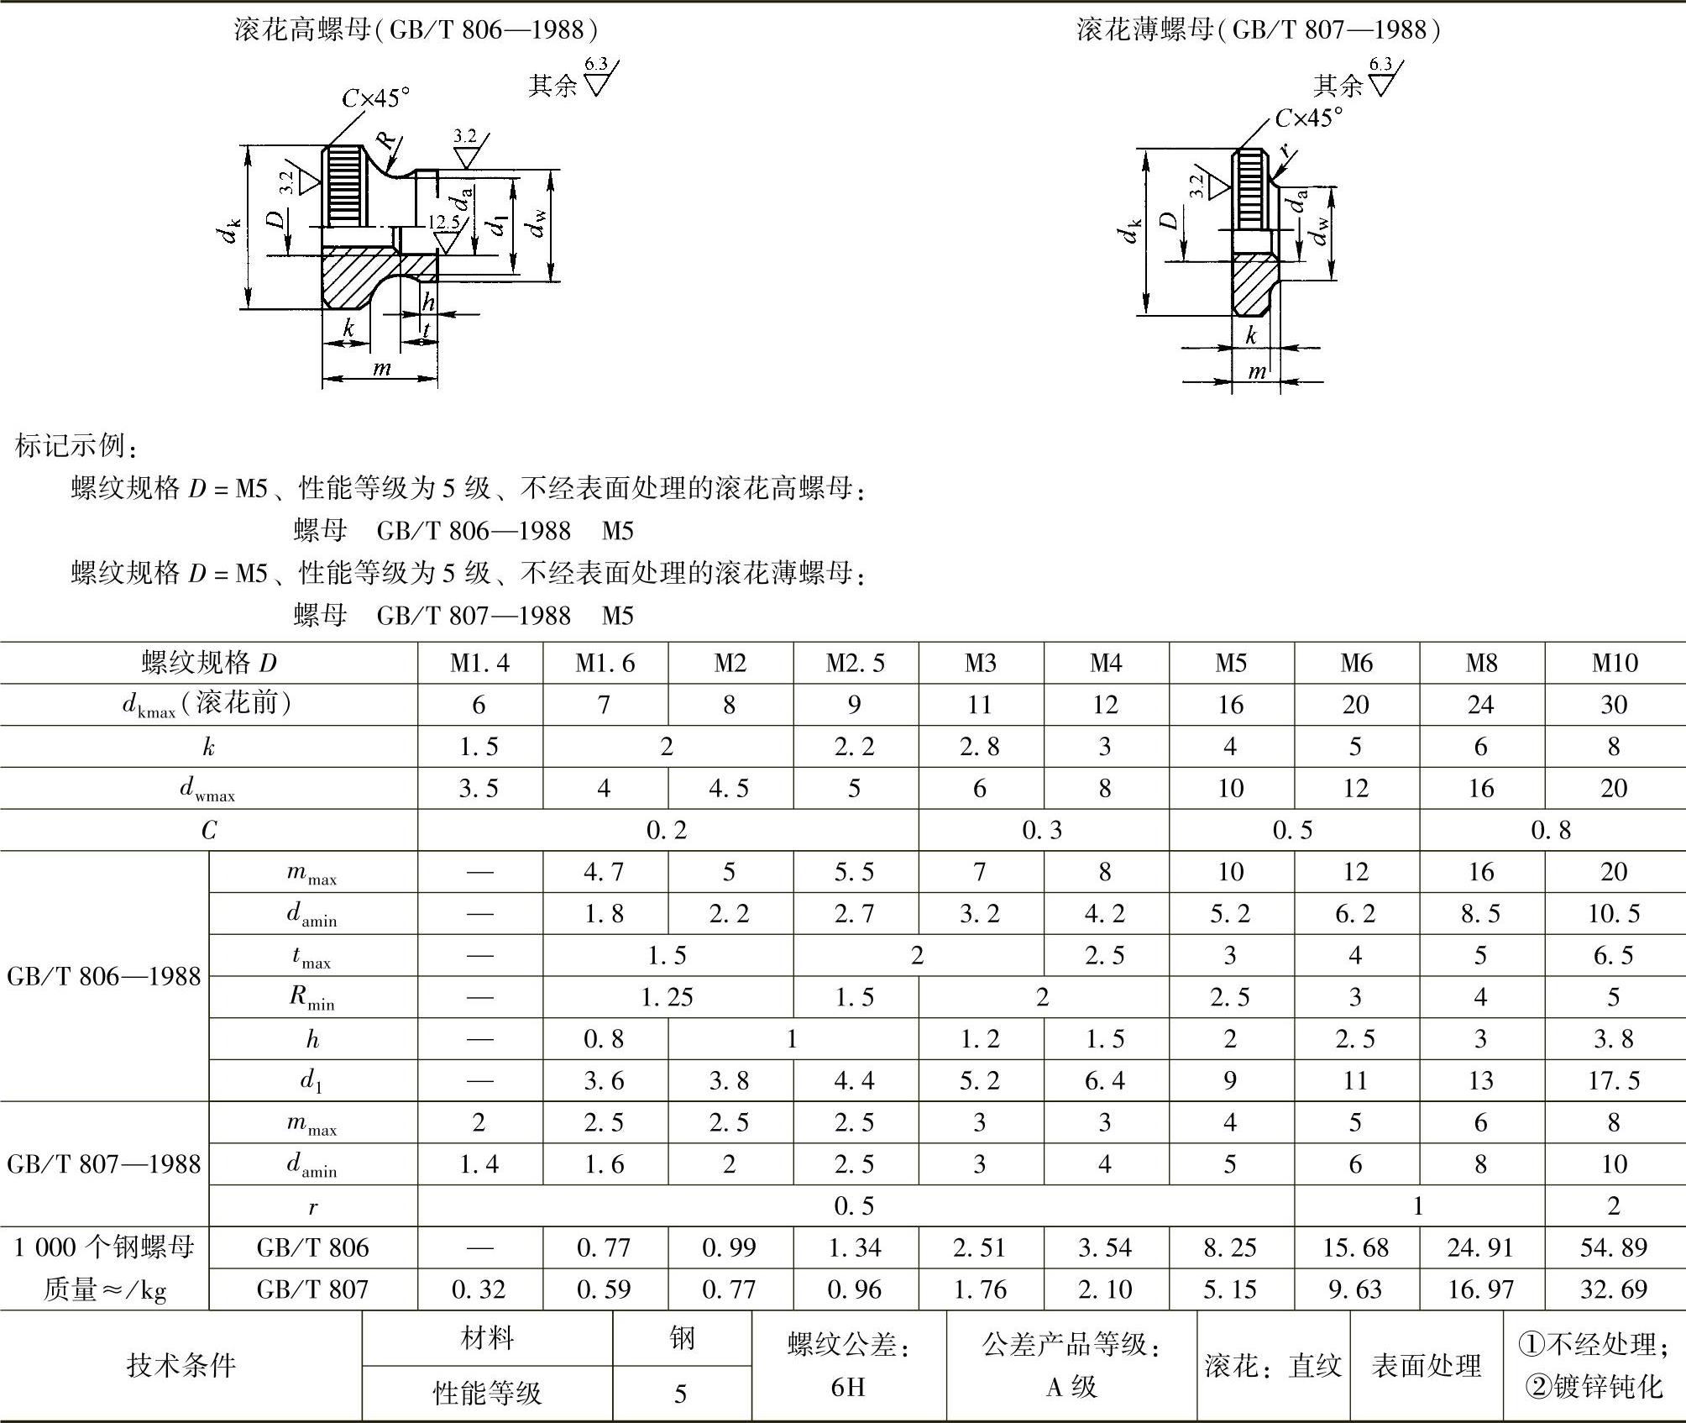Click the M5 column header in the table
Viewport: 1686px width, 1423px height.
[x=1231, y=664]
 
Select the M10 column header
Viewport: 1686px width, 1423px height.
[x=1614, y=664]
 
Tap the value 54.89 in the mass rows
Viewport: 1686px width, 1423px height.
[x=1613, y=1247]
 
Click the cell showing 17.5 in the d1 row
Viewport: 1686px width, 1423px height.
[x=1613, y=1080]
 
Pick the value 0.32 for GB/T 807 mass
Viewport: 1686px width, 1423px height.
[x=479, y=1289]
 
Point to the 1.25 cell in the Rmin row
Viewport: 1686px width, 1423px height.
[x=668, y=997]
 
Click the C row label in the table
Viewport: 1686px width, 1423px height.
[x=209, y=831]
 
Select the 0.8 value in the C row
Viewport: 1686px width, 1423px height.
[x=1550, y=831]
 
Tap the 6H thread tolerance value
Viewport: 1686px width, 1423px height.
[x=848, y=1387]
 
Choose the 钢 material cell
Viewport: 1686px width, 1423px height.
[x=682, y=1338]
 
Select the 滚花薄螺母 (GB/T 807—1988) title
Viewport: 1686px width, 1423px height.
[x=1259, y=30]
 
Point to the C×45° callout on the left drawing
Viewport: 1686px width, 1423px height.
[x=375, y=99]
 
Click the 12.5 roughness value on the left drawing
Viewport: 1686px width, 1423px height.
[x=443, y=223]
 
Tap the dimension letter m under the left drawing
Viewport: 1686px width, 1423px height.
[x=381, y=369]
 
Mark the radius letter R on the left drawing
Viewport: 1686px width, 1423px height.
[x=385, y=139]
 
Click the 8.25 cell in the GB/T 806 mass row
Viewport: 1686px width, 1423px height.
[x=1230, y=1247]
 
